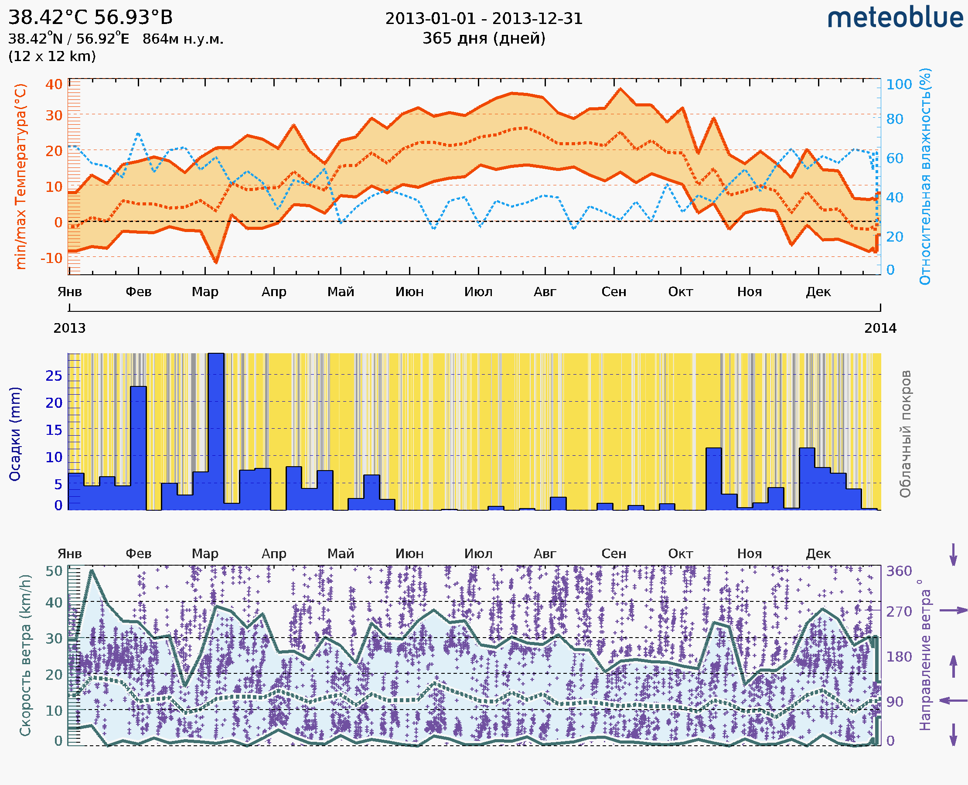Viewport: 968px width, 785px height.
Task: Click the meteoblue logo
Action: [895, 18]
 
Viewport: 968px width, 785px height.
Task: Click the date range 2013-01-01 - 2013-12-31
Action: [484, 19]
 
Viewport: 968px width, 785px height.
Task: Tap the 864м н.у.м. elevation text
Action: [183, 39]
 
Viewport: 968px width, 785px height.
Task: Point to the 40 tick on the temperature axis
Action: [54, 85]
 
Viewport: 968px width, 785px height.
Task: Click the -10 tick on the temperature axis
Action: [51, 258]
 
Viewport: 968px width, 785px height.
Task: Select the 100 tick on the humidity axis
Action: [899, 85]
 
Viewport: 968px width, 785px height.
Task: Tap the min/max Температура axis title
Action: [21, 176]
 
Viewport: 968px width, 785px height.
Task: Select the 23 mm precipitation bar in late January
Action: [138, 447]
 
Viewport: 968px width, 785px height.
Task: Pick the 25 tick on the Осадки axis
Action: [54, 375]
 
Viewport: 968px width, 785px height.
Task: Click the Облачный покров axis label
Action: [905, 434]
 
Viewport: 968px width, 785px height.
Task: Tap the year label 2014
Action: [880, 328]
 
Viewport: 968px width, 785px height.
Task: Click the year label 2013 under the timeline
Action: [69, 328]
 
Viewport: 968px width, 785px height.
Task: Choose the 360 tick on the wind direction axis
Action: [899, 571]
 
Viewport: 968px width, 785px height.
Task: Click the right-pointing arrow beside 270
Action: [953, 611]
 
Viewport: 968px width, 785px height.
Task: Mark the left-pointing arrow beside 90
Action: [953, 701]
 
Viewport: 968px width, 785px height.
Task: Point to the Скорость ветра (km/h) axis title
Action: [25, 655]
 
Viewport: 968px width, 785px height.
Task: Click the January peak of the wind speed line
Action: [92, 571]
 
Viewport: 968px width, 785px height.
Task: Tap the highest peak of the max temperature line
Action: [620, 89]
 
